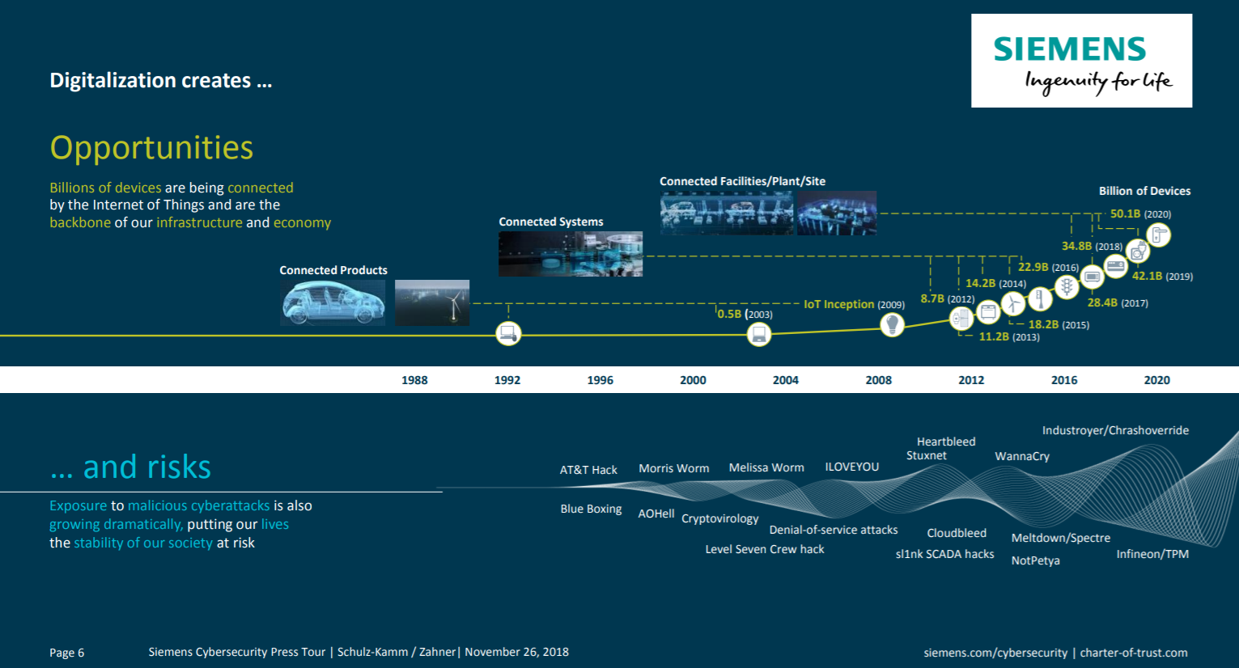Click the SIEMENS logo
[1081, 61]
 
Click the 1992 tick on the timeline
[507, 380]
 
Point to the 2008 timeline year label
[878, 380]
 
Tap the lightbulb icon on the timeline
[892, 324]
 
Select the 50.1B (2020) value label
[1140, 214]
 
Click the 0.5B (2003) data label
[745, 314]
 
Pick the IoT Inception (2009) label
[854, 304]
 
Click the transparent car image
[333, 302]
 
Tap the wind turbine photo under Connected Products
[432, 302]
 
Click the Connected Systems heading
[551, 222]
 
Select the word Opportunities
[151, 148]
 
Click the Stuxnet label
[927, 455]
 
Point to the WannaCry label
[1022, 456]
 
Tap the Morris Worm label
[673, 468]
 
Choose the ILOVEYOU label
[852, 467]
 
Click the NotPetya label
[1035, 560]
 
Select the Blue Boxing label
[591, 509]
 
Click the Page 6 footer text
[67, 653]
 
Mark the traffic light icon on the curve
[1067, 287]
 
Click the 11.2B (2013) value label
[1009, 336]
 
